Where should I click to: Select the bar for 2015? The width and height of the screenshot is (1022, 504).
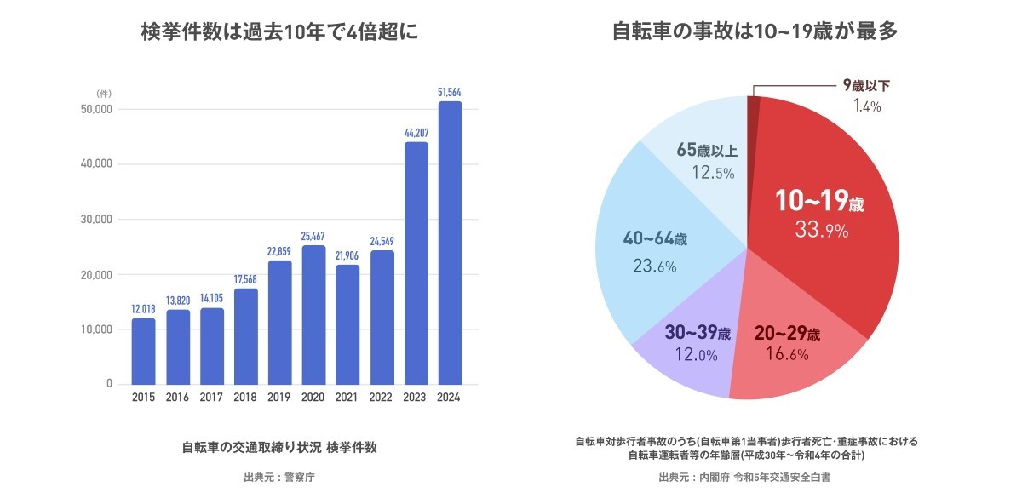coord(143,351)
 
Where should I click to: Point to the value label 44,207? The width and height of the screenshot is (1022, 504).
coord(416,132)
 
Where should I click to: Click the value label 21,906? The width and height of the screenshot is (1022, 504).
coord(347,255)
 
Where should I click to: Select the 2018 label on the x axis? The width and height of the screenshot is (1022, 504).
coord(245,398)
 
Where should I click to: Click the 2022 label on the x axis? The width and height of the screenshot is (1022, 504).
coord(382,398)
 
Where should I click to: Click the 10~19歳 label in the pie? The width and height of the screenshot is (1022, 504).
coord(819,203)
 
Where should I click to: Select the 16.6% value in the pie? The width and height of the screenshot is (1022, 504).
coord(787,355)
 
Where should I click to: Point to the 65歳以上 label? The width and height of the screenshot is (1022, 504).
coord(707,151)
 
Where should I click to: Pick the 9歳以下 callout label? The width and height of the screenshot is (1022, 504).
coord(866,85)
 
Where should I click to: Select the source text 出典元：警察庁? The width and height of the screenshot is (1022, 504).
coord(279,478)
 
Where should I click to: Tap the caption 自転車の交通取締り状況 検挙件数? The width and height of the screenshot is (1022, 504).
coord(279,447)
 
